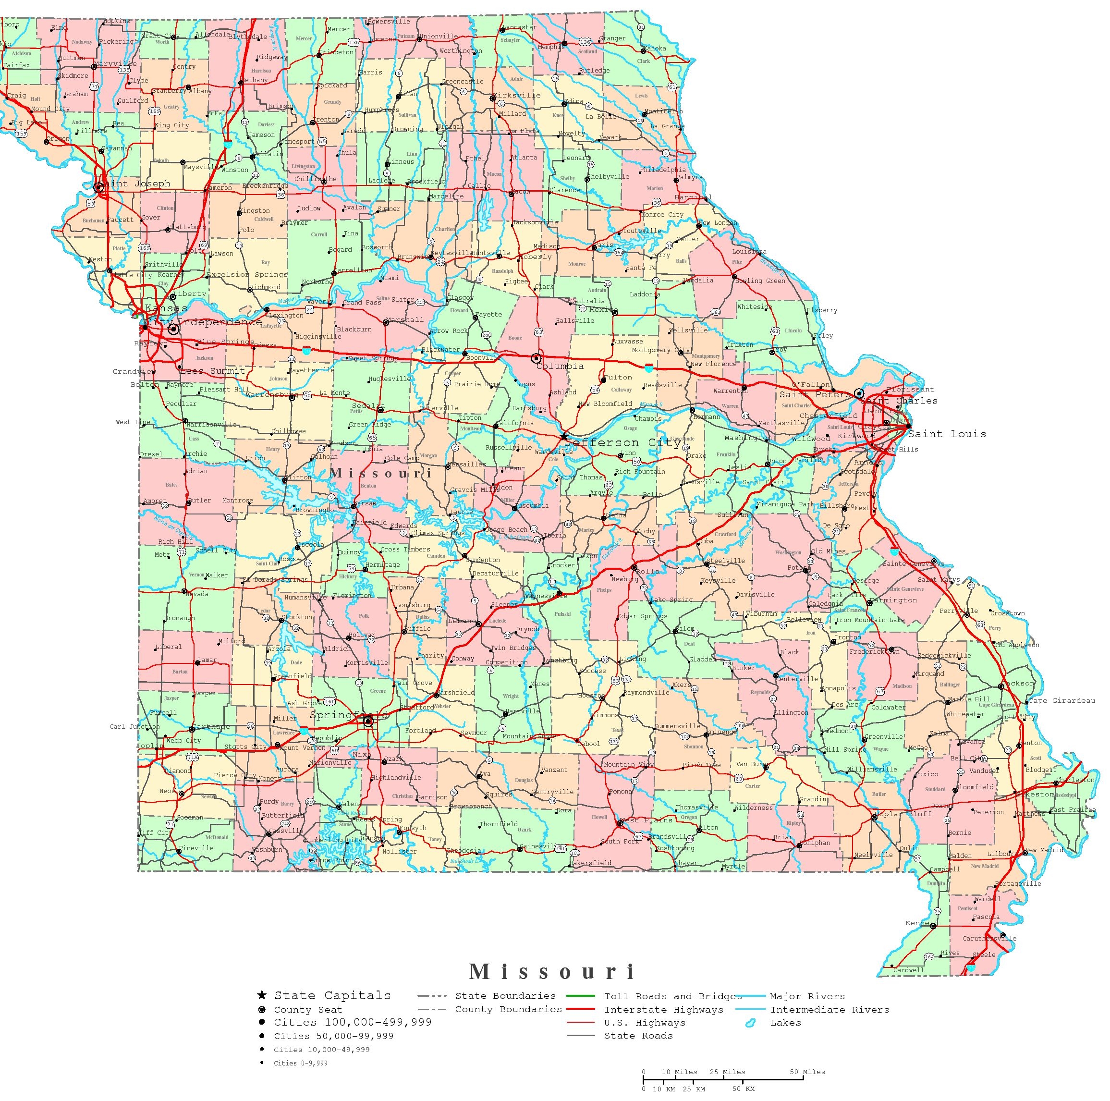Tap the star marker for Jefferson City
(x=565, y=437)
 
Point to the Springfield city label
(x=349, y=715)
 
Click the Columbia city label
(x=560, y=366)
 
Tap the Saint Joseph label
(x=137, y=183)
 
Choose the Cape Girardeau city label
(x=1062, y=700)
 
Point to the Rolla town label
(x=647, y=571)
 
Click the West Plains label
(x=638, y=820)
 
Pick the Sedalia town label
(x=368, y=406)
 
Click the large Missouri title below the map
(x=551, y=972)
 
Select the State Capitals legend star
(x=262, y=995)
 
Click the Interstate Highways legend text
(x=664, y=1010)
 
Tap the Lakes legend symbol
(x=749, y=1024)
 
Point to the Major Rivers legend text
(x=807, y=996)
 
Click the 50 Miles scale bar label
(x=807, y=1072)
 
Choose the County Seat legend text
(x=307, y=1010)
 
